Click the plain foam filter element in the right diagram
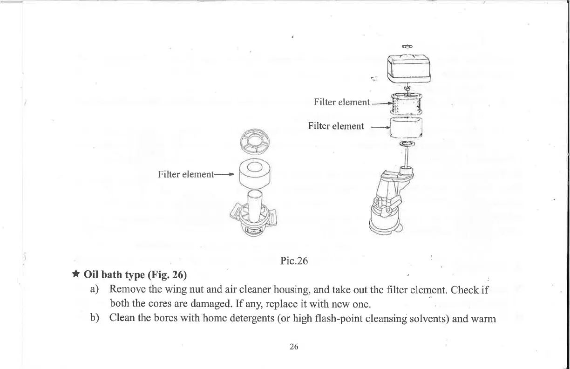coord(407,127)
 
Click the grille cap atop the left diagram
coord(255,141)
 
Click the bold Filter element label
coord(336,126)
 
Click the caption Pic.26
coord(294,261)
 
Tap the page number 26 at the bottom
coord(293,346)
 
